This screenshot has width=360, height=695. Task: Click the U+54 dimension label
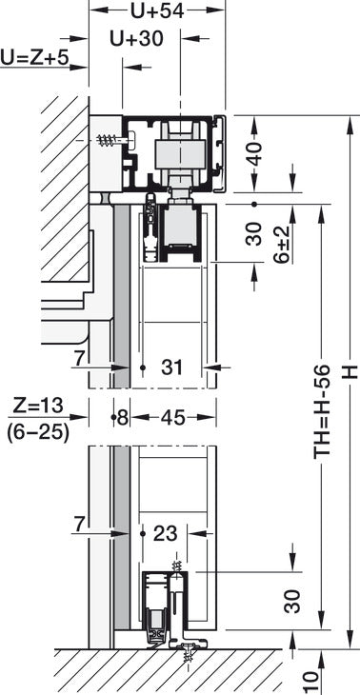156,11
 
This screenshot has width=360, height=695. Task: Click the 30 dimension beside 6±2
253,233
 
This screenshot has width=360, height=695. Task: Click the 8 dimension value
121,417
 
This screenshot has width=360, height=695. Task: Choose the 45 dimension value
173,417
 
